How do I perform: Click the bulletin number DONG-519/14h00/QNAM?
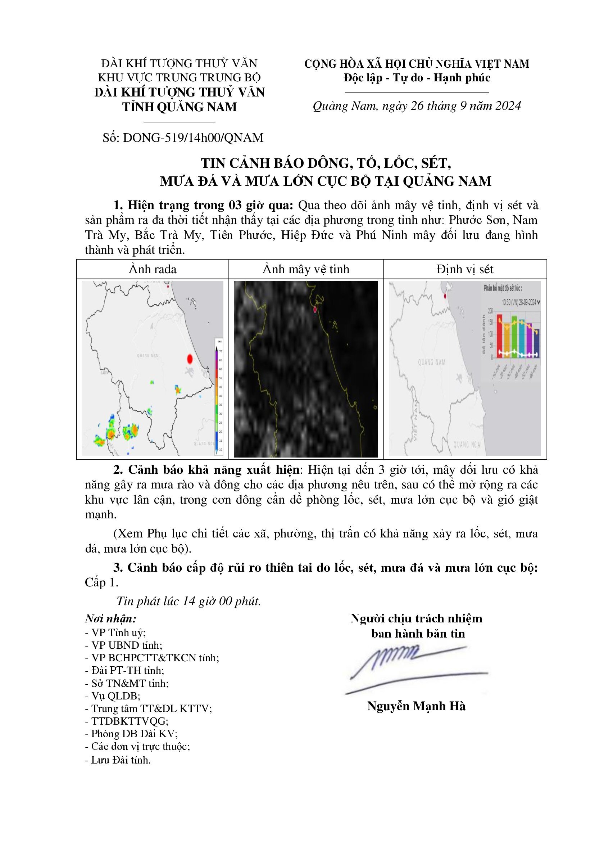(x=193, y=138)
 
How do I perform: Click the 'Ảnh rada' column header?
(x=153, y=269)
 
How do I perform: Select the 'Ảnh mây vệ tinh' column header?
(x=306, y=269)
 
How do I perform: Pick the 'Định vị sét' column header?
(x=465, y=269)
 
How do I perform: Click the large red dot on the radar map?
(x=190, y=359)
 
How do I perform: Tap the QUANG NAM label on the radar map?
(x=148, y=355)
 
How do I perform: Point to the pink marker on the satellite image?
(x=315, y=310)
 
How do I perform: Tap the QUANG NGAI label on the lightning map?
(x=467, y=445)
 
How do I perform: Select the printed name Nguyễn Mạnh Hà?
(x=416, y=706)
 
